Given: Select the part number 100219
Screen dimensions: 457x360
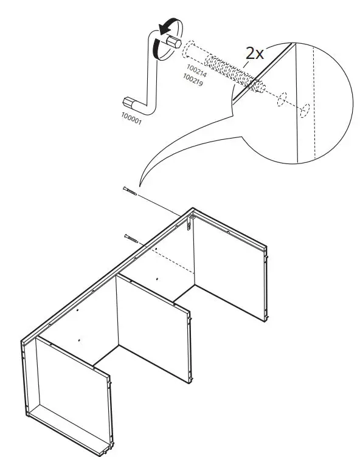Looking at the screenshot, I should coord(195,80).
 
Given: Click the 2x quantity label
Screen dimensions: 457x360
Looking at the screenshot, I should coord(255,53).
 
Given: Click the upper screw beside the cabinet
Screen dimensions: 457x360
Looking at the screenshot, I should coord(131,193).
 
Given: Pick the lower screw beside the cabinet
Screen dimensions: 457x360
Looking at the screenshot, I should coord(131,238).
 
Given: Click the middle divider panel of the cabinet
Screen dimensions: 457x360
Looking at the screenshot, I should coord(152,316).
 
